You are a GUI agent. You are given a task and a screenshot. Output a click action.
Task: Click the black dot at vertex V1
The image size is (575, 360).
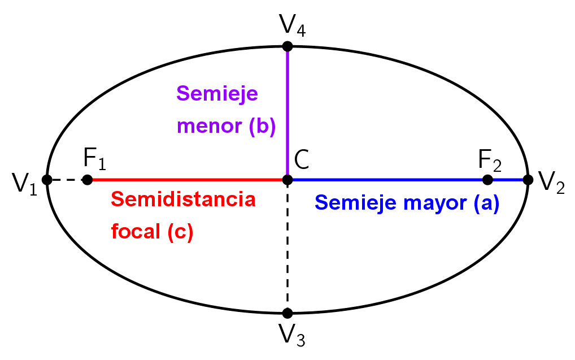[x=47, y=180]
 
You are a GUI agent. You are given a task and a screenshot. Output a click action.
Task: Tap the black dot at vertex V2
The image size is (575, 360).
[x=528, y=180]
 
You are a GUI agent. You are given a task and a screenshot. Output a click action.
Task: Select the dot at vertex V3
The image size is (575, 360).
[x=287, y=313]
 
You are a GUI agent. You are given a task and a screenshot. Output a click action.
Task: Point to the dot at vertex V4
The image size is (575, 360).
[x=287, y=46]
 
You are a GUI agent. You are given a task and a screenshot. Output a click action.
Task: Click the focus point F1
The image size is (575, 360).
[x=87, y=180]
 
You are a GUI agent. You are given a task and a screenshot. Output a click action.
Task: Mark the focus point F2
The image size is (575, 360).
[x=488, y=180]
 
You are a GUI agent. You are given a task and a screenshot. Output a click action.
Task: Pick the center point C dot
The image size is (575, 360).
[x=287, y=180]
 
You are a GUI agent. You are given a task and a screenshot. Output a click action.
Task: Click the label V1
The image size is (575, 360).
[x=24, y=184]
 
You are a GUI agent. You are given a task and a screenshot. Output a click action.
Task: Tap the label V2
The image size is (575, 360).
[x=551, y=183]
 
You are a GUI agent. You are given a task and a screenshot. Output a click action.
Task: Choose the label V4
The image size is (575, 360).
[x=293, y=25]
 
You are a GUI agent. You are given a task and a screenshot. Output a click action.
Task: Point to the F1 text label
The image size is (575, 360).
[x=94, y=160]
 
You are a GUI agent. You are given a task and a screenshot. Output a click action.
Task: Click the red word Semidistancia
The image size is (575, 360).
[x=183, y=199]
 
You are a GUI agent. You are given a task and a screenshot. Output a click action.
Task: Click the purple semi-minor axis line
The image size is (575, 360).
[x=287, y=113]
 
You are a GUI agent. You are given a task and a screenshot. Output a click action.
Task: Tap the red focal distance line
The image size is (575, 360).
[x=186, y=180]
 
